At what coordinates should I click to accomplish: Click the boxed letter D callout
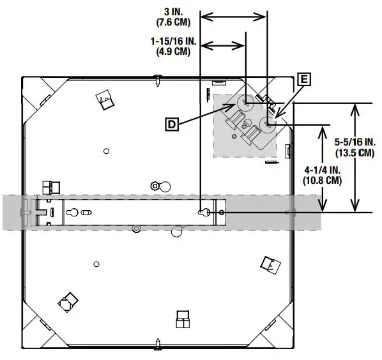coord(172,124)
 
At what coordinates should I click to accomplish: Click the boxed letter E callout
coord(304,79)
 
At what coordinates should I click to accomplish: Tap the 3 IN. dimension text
coord(174,12)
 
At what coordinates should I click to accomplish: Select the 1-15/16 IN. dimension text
coord(174,41)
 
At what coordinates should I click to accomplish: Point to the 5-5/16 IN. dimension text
coord(355,142)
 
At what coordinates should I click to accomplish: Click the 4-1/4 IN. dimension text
coord(323,170)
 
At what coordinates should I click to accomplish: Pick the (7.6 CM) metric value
coord(173,22)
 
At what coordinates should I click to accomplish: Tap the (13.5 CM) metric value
coord(355,153)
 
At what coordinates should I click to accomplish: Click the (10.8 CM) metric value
coord(323,181)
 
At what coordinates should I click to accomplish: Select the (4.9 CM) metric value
coord(173,52)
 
